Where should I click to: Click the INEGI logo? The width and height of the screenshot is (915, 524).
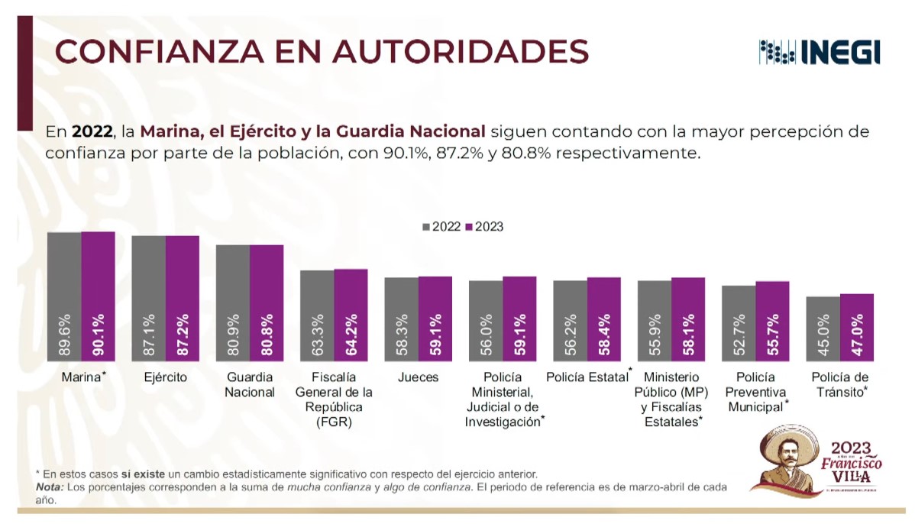(x=820, y=52)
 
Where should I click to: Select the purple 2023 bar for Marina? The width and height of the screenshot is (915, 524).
(x=99, y=298)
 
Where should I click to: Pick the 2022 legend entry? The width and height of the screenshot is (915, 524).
(x=442, y=227)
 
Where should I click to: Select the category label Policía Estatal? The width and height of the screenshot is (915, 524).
(x=587, y=377)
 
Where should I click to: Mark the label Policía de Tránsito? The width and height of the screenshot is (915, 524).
(x=840, y=384)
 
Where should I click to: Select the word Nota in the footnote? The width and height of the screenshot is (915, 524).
(x=50, y=487)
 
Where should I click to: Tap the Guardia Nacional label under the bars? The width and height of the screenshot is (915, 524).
(x=249, y=384)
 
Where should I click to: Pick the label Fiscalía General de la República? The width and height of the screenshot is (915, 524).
(x=333, y=399)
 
